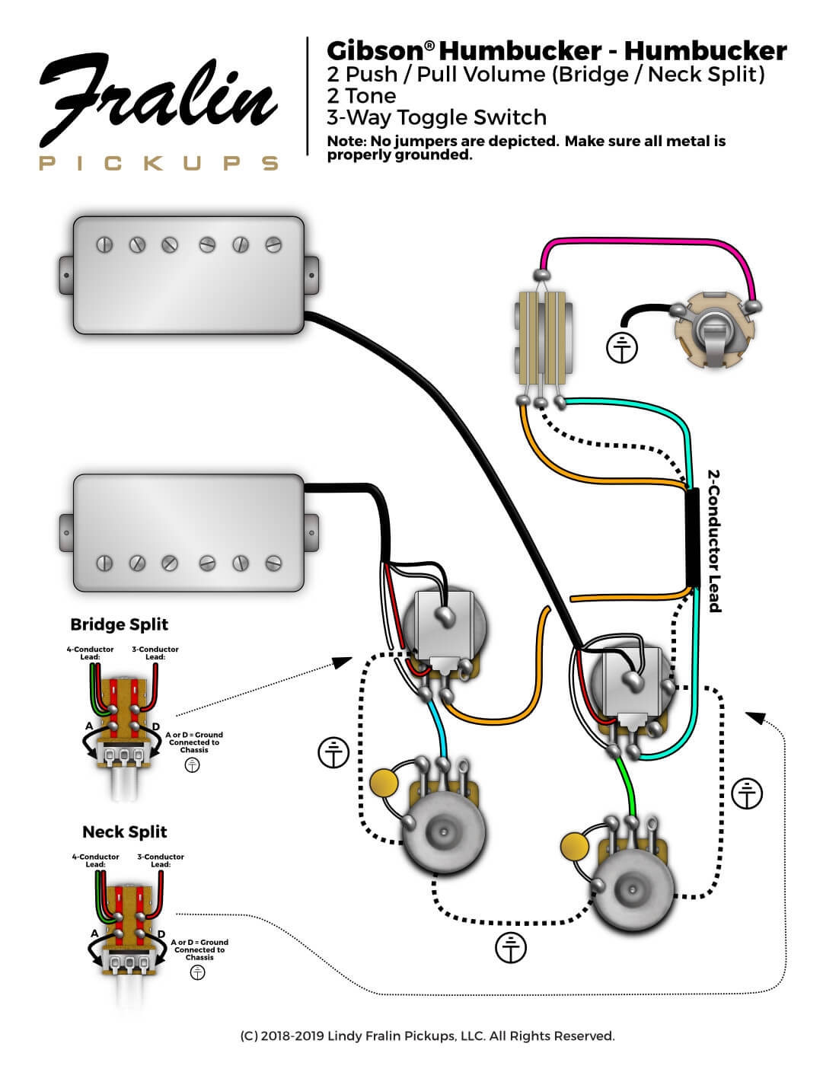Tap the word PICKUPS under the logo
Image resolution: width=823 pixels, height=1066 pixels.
(x=158, y=163)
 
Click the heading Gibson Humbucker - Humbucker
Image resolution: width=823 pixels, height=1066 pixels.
(x=556, y=51)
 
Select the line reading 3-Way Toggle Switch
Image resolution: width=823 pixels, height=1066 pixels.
(x=436, y=117)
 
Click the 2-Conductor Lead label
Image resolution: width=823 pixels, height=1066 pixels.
(x=714, y=540)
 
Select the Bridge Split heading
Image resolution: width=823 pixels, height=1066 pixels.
(x=119, y=624)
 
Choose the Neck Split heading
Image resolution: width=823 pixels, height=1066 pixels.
(x=124, y=831)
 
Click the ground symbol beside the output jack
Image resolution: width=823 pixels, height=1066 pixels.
(x=622, y=348)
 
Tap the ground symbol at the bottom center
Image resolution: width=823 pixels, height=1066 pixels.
(x=511, y=947)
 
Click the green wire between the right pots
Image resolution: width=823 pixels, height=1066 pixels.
(x=630, y=784)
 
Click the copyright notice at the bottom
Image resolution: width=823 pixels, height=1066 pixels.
(x=427, y=1036)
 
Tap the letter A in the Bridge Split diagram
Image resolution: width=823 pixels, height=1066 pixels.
(x=89, y=726)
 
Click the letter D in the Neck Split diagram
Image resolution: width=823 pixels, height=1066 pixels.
(x=161, y=934)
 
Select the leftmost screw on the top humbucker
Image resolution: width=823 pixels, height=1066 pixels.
(x=104, y=244)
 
